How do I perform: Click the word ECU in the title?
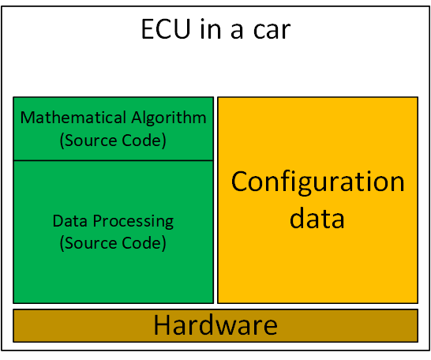tap(166, 29)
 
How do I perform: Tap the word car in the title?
tap(272, 31)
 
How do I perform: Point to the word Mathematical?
tap(73, 118)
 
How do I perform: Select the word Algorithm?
tap(169, 118)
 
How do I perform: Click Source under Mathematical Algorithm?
tap(89, 141)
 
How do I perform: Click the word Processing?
tap(133, 222)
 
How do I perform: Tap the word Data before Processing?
tap(70, 221)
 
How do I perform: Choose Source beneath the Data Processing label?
tap(89, 243)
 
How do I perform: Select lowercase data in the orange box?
tap(317, 218)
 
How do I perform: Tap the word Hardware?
tap(215, 325)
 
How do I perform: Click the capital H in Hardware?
tap(161, 325)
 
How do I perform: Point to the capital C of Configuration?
tap(240, 182)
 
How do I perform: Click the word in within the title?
tap(211, 29)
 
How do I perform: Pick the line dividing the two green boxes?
tap(113, 160)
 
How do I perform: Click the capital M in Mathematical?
tap(28, 118)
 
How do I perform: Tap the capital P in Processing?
tap(97, 221)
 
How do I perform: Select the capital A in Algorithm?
tap(137, 118)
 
